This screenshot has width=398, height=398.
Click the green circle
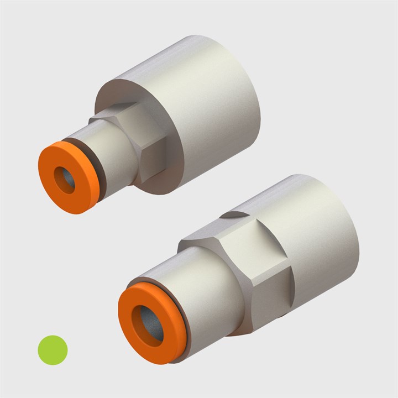pyautogui.click(x=53, y=349)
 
